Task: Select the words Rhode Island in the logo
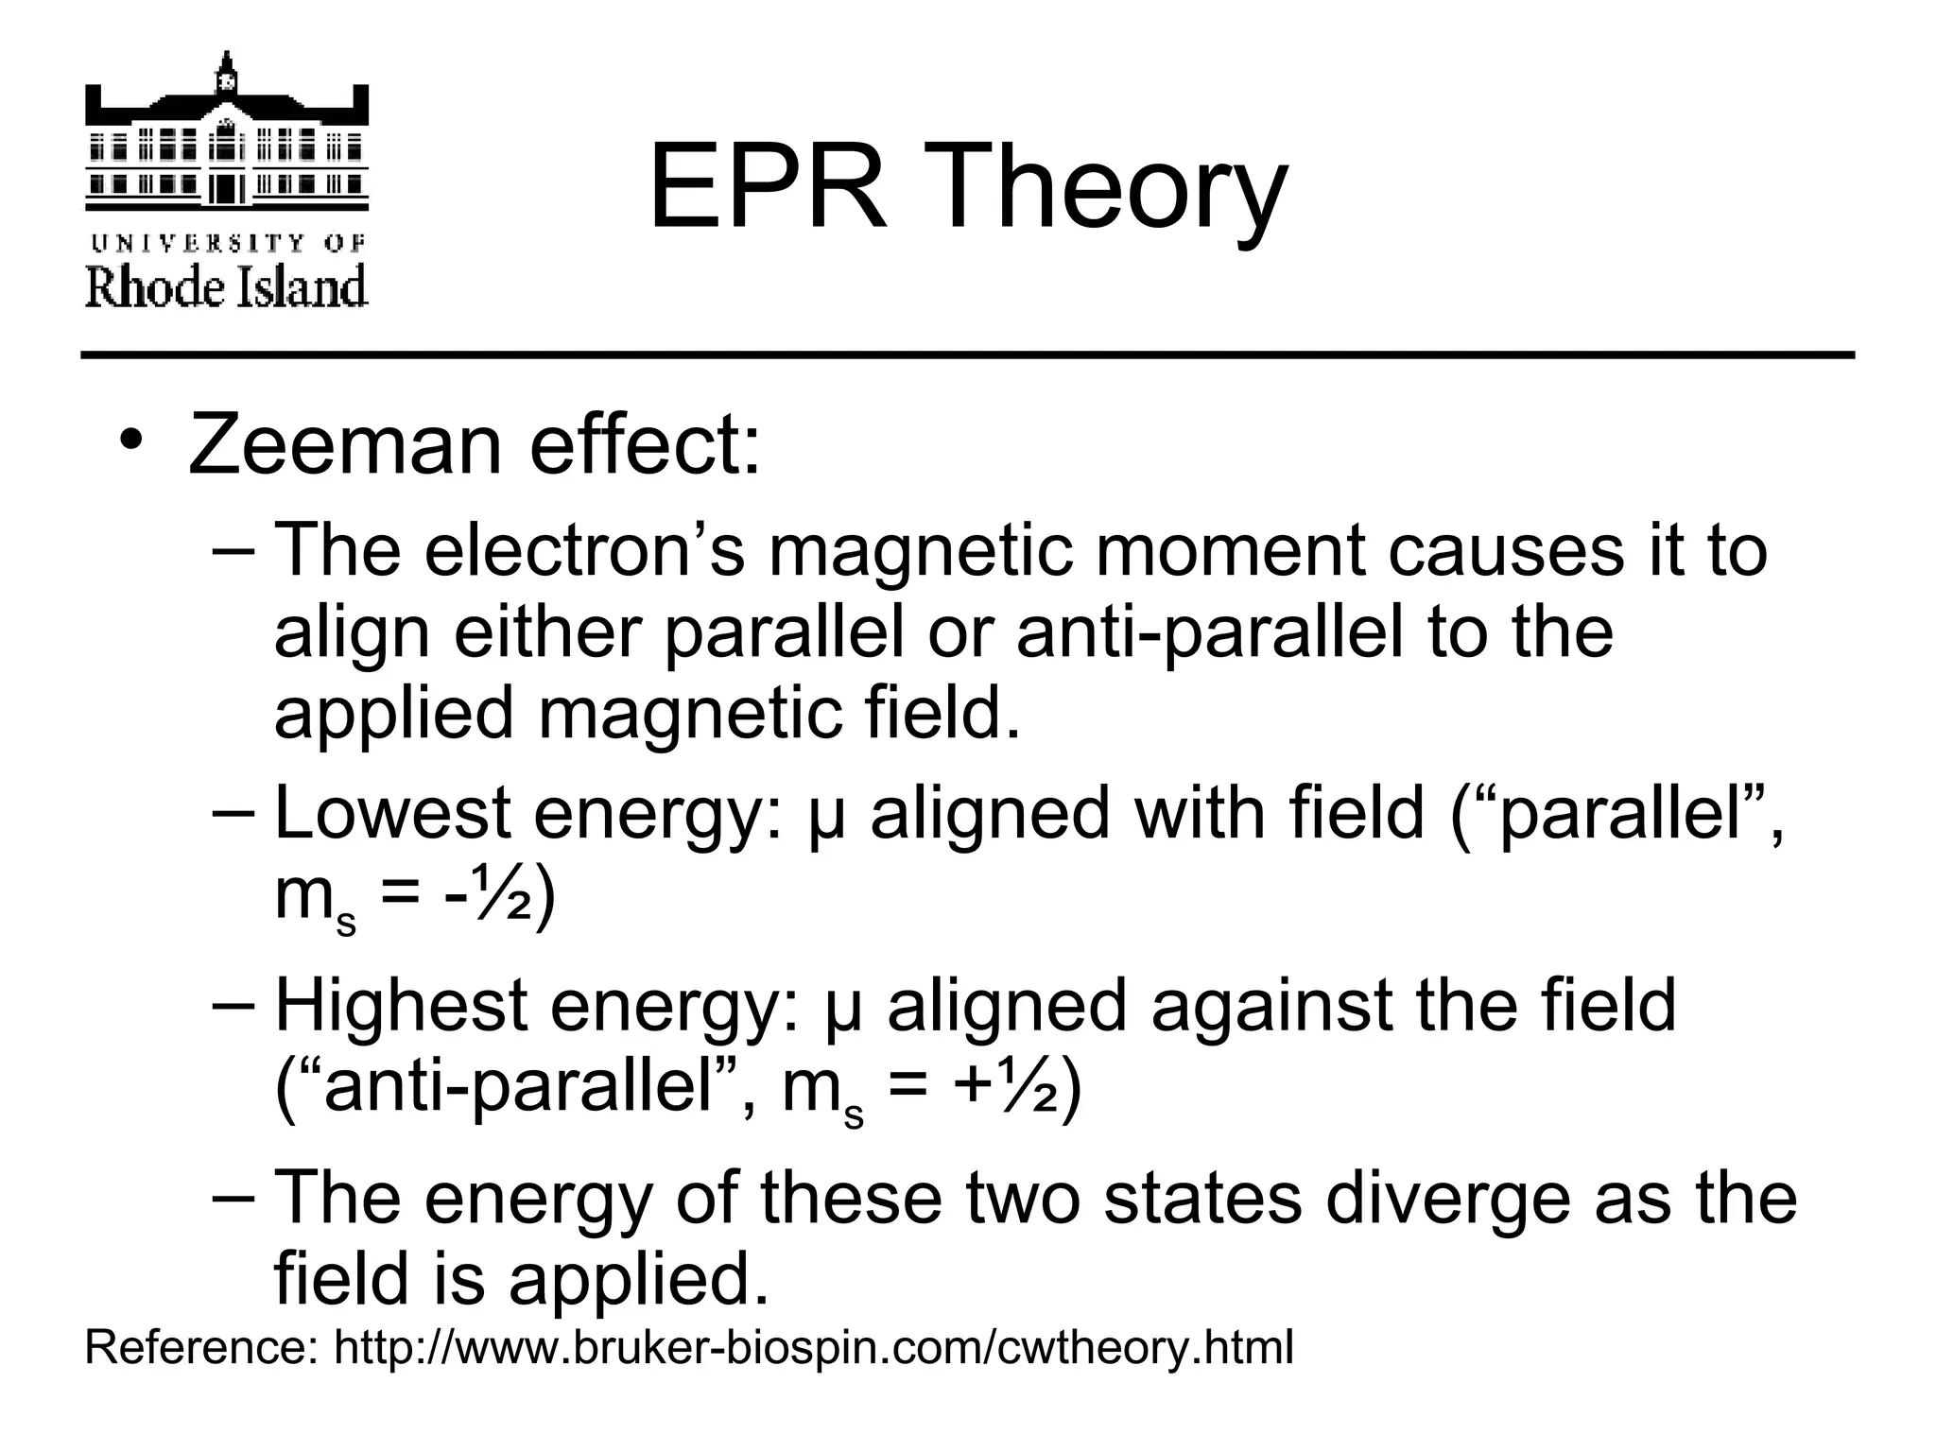[226, 285]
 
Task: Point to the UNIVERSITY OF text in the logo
[227, 244]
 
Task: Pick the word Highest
[400, 1005]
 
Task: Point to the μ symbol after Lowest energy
[827, 819]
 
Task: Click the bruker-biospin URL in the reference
[814, 1348]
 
